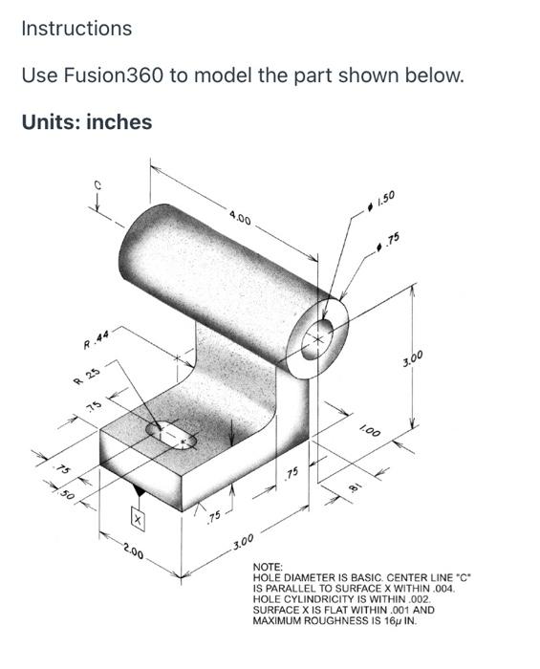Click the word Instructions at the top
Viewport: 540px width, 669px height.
tap(76, 29)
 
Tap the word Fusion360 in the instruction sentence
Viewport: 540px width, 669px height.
tap(114, 76)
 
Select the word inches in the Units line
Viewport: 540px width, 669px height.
tap(119, 122)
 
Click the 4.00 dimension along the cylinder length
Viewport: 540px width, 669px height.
tap(241, 219)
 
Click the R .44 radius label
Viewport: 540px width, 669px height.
tap(97, 339)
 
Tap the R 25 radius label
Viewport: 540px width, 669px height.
tap(87, 376)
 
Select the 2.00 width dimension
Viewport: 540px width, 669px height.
tap(134, 551)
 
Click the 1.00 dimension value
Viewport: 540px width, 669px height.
tap(369, 431)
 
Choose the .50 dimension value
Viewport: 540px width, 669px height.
tap(67, 494)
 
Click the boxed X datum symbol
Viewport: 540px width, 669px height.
tap(138, 520)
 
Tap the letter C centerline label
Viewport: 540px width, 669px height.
tap(97, 185)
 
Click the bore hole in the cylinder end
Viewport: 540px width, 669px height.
tap(317, 339)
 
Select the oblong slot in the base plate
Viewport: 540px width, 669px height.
tap(172, 435)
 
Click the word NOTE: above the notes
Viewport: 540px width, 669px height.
tap(268, 568)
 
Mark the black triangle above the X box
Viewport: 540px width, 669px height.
tap(138, 491)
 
